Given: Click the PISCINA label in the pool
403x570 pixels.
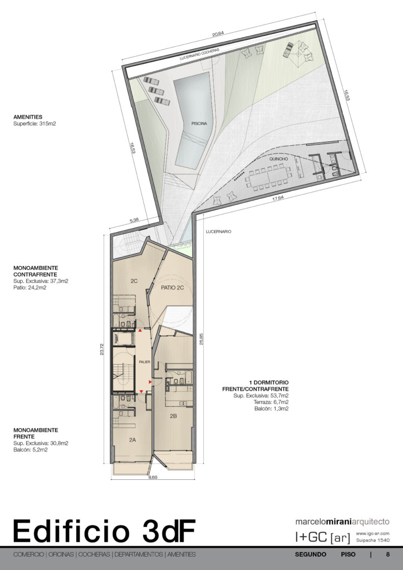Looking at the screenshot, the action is (199, 124).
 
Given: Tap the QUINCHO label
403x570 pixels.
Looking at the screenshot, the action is (279, 159).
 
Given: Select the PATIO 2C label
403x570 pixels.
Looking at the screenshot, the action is (172, 288).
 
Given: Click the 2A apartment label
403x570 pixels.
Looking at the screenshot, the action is (132, 440).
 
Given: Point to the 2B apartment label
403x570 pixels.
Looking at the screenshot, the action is (173, 416).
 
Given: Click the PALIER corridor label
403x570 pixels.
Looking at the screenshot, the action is (144, 362).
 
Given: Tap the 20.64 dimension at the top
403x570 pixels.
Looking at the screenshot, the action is (218, 34).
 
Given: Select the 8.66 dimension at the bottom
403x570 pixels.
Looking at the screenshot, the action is (153, 477).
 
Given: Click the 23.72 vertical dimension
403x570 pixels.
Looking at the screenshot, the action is (102, 350).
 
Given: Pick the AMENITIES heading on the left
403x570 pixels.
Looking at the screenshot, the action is (28, 117).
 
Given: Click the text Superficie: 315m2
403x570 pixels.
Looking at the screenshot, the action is (35, 124).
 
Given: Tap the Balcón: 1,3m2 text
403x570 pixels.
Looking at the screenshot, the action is (272, 409).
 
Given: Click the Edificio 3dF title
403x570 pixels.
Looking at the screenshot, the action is (104, 531).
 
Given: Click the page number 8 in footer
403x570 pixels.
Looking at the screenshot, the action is (388, 554).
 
